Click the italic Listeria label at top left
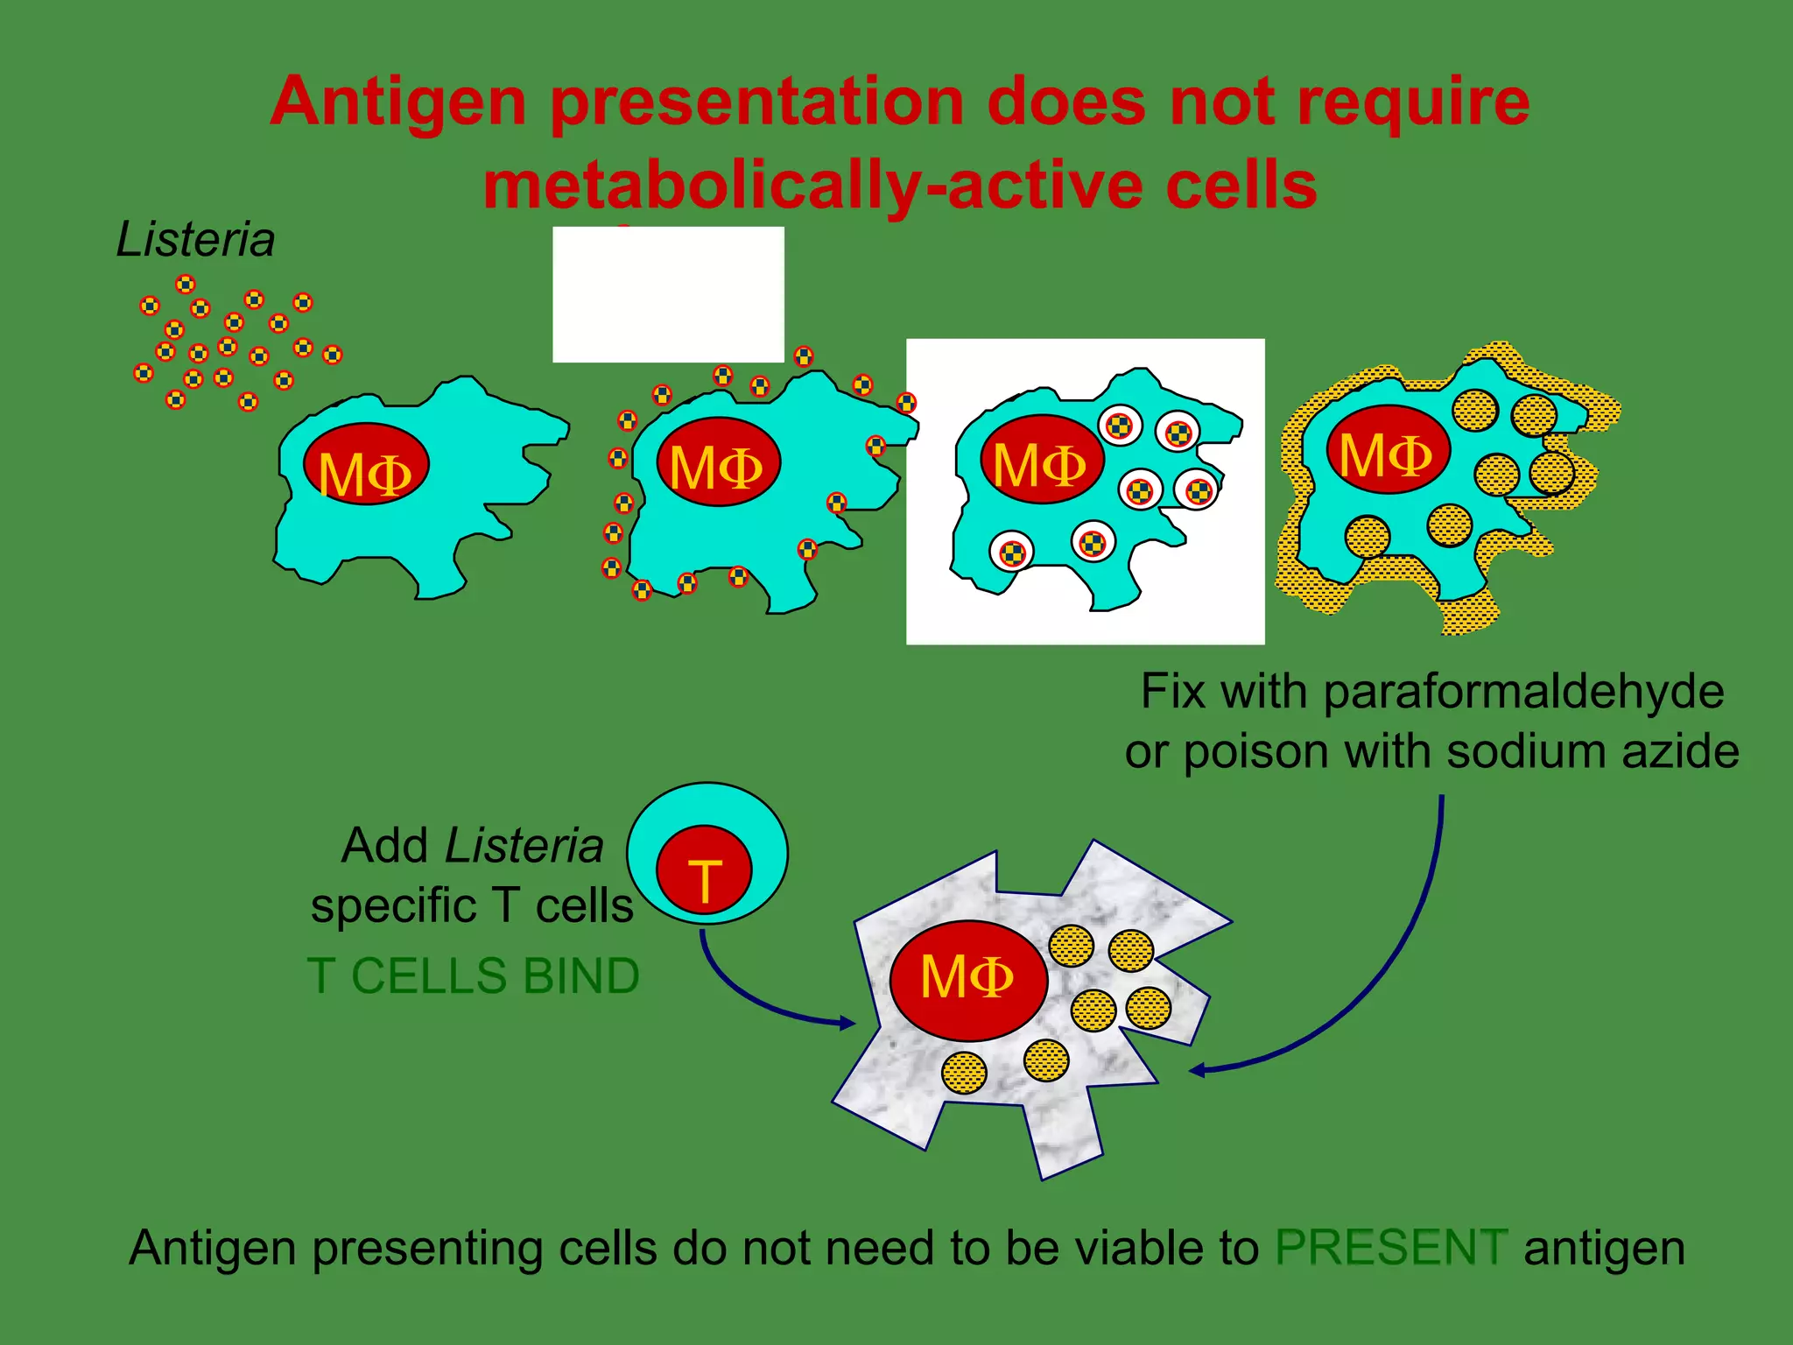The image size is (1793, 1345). (x=195, y=239)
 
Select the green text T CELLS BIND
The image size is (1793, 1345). (x=474, y=975)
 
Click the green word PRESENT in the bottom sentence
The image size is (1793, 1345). (x=1391, y=1247)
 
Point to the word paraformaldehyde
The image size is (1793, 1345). (x=1523, y=691)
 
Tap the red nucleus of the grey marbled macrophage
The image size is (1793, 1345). (x=968, y=980)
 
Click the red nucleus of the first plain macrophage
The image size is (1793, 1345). (x=366, y=465)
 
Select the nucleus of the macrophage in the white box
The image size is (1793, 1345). (x=1041, y=459)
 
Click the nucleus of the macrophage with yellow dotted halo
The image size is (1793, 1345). (x=1388, y=450)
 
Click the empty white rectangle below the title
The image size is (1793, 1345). (x=668, y=294)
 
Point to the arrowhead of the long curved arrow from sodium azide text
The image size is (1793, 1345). (x=1198, y=1070)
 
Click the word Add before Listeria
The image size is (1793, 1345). (x=384, y=846)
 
